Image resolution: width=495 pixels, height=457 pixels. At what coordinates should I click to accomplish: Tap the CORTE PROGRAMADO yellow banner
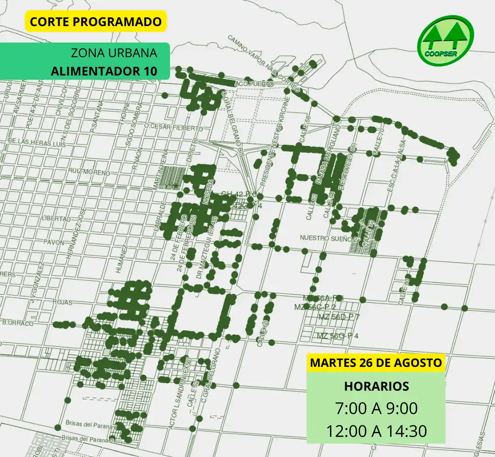[95, 22]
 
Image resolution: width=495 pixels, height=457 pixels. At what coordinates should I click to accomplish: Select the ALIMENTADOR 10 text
[104, 71]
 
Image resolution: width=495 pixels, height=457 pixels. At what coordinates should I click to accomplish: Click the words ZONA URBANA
[114, 53]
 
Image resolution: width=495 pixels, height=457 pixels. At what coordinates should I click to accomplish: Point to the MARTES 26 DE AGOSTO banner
[376, 363]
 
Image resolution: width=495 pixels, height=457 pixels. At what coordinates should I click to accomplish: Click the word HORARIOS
[376, 386]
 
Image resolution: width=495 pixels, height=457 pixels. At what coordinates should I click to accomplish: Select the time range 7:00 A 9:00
[376, 408]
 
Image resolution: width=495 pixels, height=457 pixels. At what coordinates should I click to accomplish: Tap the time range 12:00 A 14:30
[376, 431]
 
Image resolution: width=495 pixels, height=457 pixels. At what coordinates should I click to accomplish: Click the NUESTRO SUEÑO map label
[326, 238]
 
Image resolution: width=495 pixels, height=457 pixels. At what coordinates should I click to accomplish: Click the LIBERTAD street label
[55, 219]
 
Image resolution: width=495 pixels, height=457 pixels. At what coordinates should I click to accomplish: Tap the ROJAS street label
[63, 302]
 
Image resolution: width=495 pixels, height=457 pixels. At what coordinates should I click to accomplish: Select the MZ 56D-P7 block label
[338, 317]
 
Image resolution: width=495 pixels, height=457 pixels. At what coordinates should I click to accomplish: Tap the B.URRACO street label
[18, 323]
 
